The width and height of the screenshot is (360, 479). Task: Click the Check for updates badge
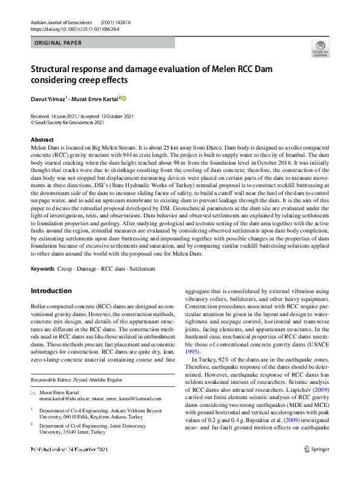pyautogui.click(x=320, y=48)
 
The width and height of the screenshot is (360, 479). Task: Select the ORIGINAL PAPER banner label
pyautogui.click(x=58, y=43)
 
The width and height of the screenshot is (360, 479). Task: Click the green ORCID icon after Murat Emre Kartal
pyautogui.click(x=124, y=97)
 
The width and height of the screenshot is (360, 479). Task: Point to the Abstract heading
pyautogui.click(x=42, y=140)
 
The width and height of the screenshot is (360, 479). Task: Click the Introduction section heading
pyautogui.click(x=52, y=291)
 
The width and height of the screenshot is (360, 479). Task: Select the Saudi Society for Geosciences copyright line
pyautogui.click(x=67, y=122)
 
